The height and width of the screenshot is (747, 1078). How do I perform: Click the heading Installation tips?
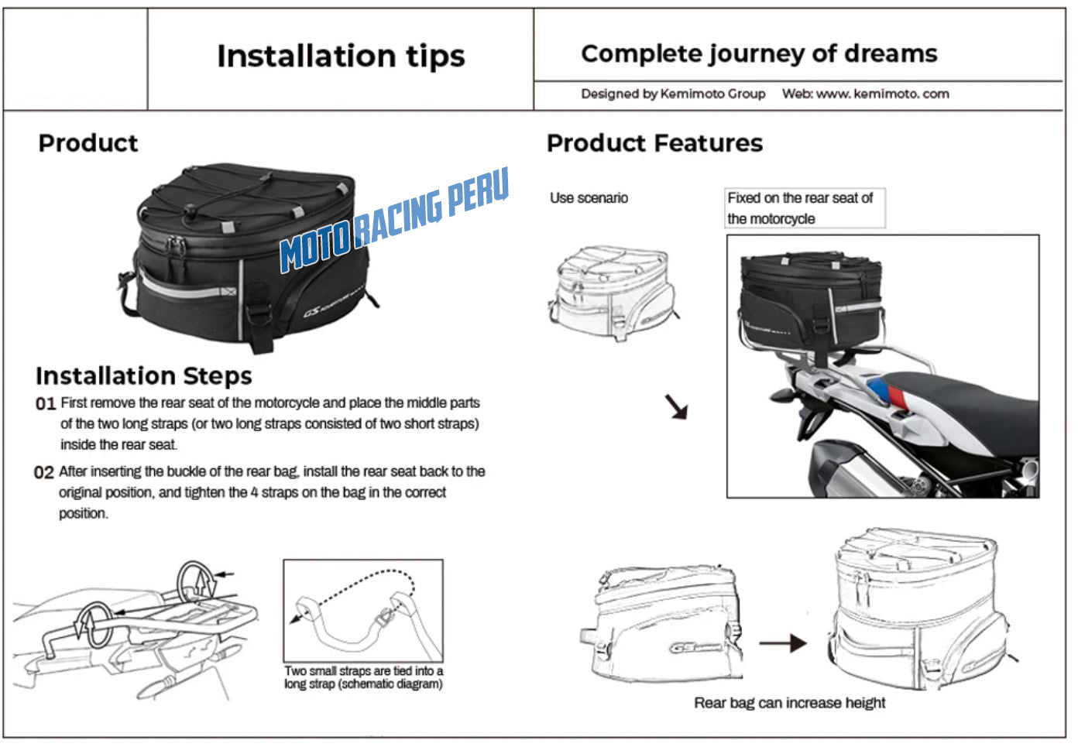pos(341,56)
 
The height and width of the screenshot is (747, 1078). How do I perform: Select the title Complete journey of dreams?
pos(759,53)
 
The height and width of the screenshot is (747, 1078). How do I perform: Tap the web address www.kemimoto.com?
pos(882,94)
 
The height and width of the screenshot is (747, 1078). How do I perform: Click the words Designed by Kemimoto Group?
pos(673,94)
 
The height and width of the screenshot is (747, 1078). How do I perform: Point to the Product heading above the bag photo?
pos(88,143)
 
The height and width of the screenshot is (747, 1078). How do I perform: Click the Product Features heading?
pos(654,143)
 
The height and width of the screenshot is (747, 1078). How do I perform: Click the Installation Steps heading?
pos(144,376)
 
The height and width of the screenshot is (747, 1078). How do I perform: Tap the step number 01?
pos(46,403)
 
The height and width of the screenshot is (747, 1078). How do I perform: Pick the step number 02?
pos(44,472)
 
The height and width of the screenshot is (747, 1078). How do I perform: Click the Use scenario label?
pos(589,198)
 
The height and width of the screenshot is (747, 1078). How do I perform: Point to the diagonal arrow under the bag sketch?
pos(676,406)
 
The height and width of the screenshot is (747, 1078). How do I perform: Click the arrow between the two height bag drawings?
pos(782,642)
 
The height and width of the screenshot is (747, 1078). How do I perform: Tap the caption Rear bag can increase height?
pos(789,703)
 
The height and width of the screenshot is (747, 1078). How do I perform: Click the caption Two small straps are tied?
pos(363,677)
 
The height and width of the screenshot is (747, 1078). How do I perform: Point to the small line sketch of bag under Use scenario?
pos(613,293)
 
